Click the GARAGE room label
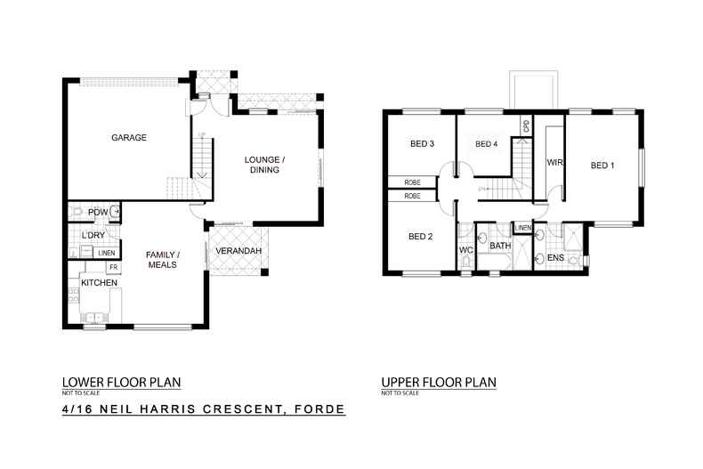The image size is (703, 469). click(128, 138)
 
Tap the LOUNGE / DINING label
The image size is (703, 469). click(265, 165)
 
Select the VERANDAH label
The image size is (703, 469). click(238, 252)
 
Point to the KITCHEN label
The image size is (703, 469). click(99, 282)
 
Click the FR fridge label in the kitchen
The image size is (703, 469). click(113, 267)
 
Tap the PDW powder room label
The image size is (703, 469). click(97, 211)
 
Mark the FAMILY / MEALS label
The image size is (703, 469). click(162, 259)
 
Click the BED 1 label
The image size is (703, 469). click(603, 166)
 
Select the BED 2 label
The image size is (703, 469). click(421, 237)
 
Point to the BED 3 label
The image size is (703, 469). click(422, 144)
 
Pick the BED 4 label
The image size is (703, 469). click(487, 144)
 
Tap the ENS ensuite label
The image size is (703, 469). click(556, 258)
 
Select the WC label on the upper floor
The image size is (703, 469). click(465, 250)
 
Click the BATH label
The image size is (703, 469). click(500, 246)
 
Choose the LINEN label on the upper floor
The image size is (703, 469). click(523, 229)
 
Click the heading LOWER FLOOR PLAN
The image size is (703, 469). click(121, 383)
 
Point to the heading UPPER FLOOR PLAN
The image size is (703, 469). click(439, 383)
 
